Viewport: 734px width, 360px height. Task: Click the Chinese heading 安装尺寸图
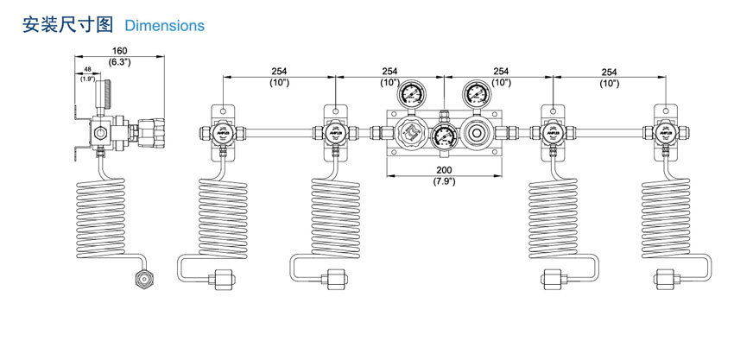tap(67, 25)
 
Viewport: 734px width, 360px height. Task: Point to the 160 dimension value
tap(119, 51)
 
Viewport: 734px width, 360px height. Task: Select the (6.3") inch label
tap(119, 62)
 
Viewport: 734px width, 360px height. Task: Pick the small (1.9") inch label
tap(88, 79)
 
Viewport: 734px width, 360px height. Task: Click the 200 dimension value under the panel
tap(444, 170)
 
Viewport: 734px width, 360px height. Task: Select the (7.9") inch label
tap(444, 181)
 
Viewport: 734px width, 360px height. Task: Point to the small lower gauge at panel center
tap(444, 136)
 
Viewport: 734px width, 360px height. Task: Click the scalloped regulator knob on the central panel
tap(411, 135)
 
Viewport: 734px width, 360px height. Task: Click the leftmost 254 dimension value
tap(279, 72)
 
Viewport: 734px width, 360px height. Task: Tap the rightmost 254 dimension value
tap(609, 72)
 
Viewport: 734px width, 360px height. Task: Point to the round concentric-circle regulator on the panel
tap(476, 134)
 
